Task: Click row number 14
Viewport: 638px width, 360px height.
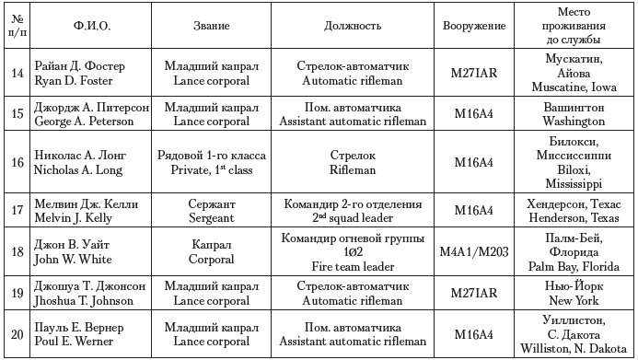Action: (16, 74)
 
